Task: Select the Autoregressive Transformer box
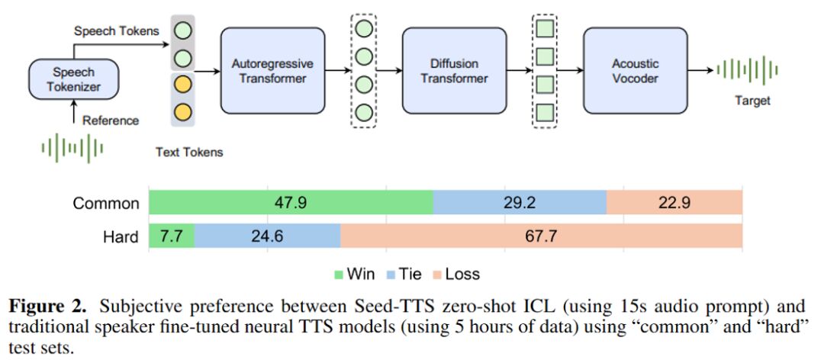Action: pos(272,70)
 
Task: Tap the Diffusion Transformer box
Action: pos(454,70)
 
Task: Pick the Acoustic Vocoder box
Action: pos(636,70)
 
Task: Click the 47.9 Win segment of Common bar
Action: pos(291,203)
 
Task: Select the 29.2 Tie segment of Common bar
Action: pos(520,203)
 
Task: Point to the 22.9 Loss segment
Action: pos(674,203)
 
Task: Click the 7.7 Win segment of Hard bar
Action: pos(172,236)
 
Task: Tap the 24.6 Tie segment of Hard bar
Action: pos(267,236)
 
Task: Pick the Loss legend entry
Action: pos(461,273)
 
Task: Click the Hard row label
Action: pos(121,236)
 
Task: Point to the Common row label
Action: pos(106,204)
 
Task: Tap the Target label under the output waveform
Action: pos(752,101)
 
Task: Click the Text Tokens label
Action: pos(189,153)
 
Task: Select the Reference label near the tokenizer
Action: pos(111,121)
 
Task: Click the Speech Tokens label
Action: pos(117,31)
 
